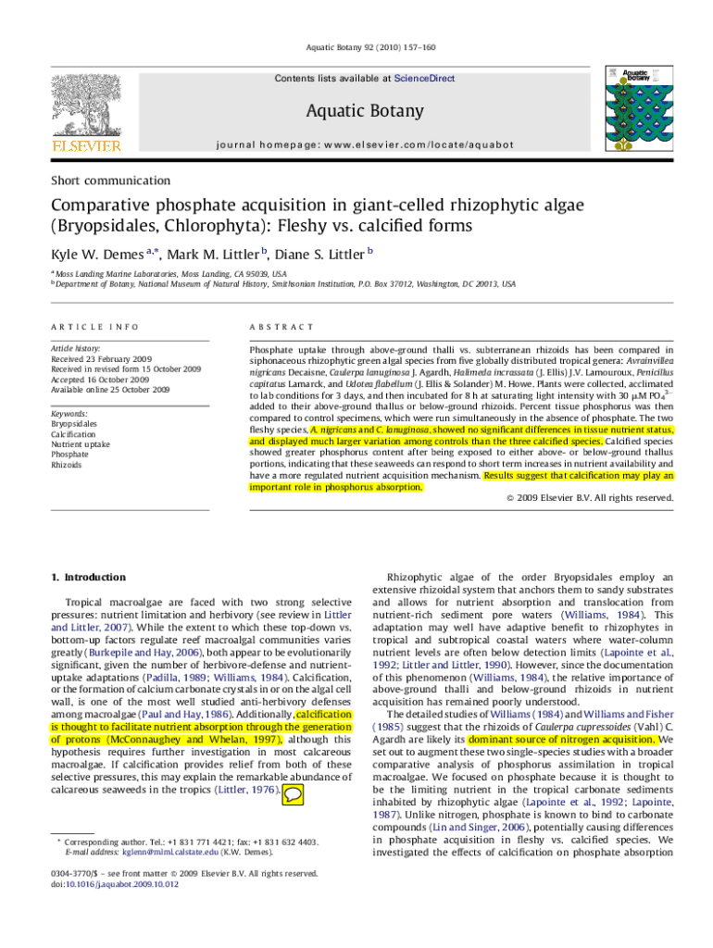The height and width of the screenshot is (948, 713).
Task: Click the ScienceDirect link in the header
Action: tap(424, 79)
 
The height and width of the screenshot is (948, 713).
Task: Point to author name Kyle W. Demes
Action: tap(90, 254)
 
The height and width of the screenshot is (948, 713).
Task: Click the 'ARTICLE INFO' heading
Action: tap(94, 327)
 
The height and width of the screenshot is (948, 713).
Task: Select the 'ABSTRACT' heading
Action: tap(281, 327)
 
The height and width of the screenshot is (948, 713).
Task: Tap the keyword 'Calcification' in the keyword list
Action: tap(75, 434)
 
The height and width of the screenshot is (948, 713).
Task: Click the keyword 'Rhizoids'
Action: tap(68, 465)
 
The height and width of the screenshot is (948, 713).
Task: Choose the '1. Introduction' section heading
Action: tap(88, 578)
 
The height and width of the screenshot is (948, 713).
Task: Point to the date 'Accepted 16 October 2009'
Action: tap(100, 380)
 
